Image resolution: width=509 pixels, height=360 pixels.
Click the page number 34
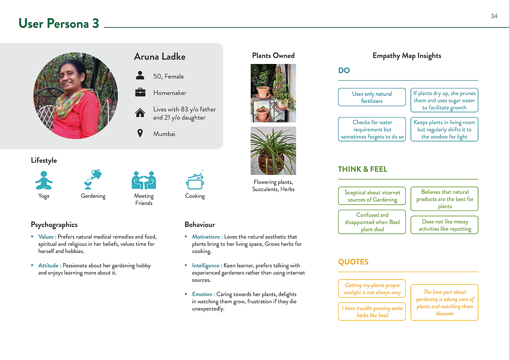(x=494, y=16)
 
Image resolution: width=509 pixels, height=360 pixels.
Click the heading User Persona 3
(x=59, y=24)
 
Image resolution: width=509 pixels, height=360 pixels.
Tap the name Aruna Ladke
(x=160, y=57)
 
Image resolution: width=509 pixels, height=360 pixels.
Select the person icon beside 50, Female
(x=140, y=76)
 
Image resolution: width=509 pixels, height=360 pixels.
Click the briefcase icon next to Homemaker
(x=140, y=92)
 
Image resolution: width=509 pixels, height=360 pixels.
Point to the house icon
(x=140, y=113)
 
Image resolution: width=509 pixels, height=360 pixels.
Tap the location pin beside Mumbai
(x=140, y=133)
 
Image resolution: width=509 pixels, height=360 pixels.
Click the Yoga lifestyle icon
(x=44, y=180)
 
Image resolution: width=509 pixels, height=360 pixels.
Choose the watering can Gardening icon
(x=93, y=179)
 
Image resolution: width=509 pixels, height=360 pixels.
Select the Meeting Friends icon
(x=144, y=180)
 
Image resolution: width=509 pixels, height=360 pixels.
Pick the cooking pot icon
(x=195, y=180)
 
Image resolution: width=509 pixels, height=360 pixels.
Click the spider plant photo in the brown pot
(x=273, y=151)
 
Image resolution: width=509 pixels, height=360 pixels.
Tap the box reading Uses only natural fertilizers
(x=372, y=97)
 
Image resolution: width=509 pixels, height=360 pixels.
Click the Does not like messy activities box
(x=444, y=225)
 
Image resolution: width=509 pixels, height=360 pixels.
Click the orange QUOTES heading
(x=353, y=262)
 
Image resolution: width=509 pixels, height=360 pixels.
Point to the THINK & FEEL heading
(x=362, y=169)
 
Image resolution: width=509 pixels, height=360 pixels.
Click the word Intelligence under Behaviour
(x=206, y=266)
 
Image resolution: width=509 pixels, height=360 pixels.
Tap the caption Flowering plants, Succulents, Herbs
(x=273, y=185)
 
